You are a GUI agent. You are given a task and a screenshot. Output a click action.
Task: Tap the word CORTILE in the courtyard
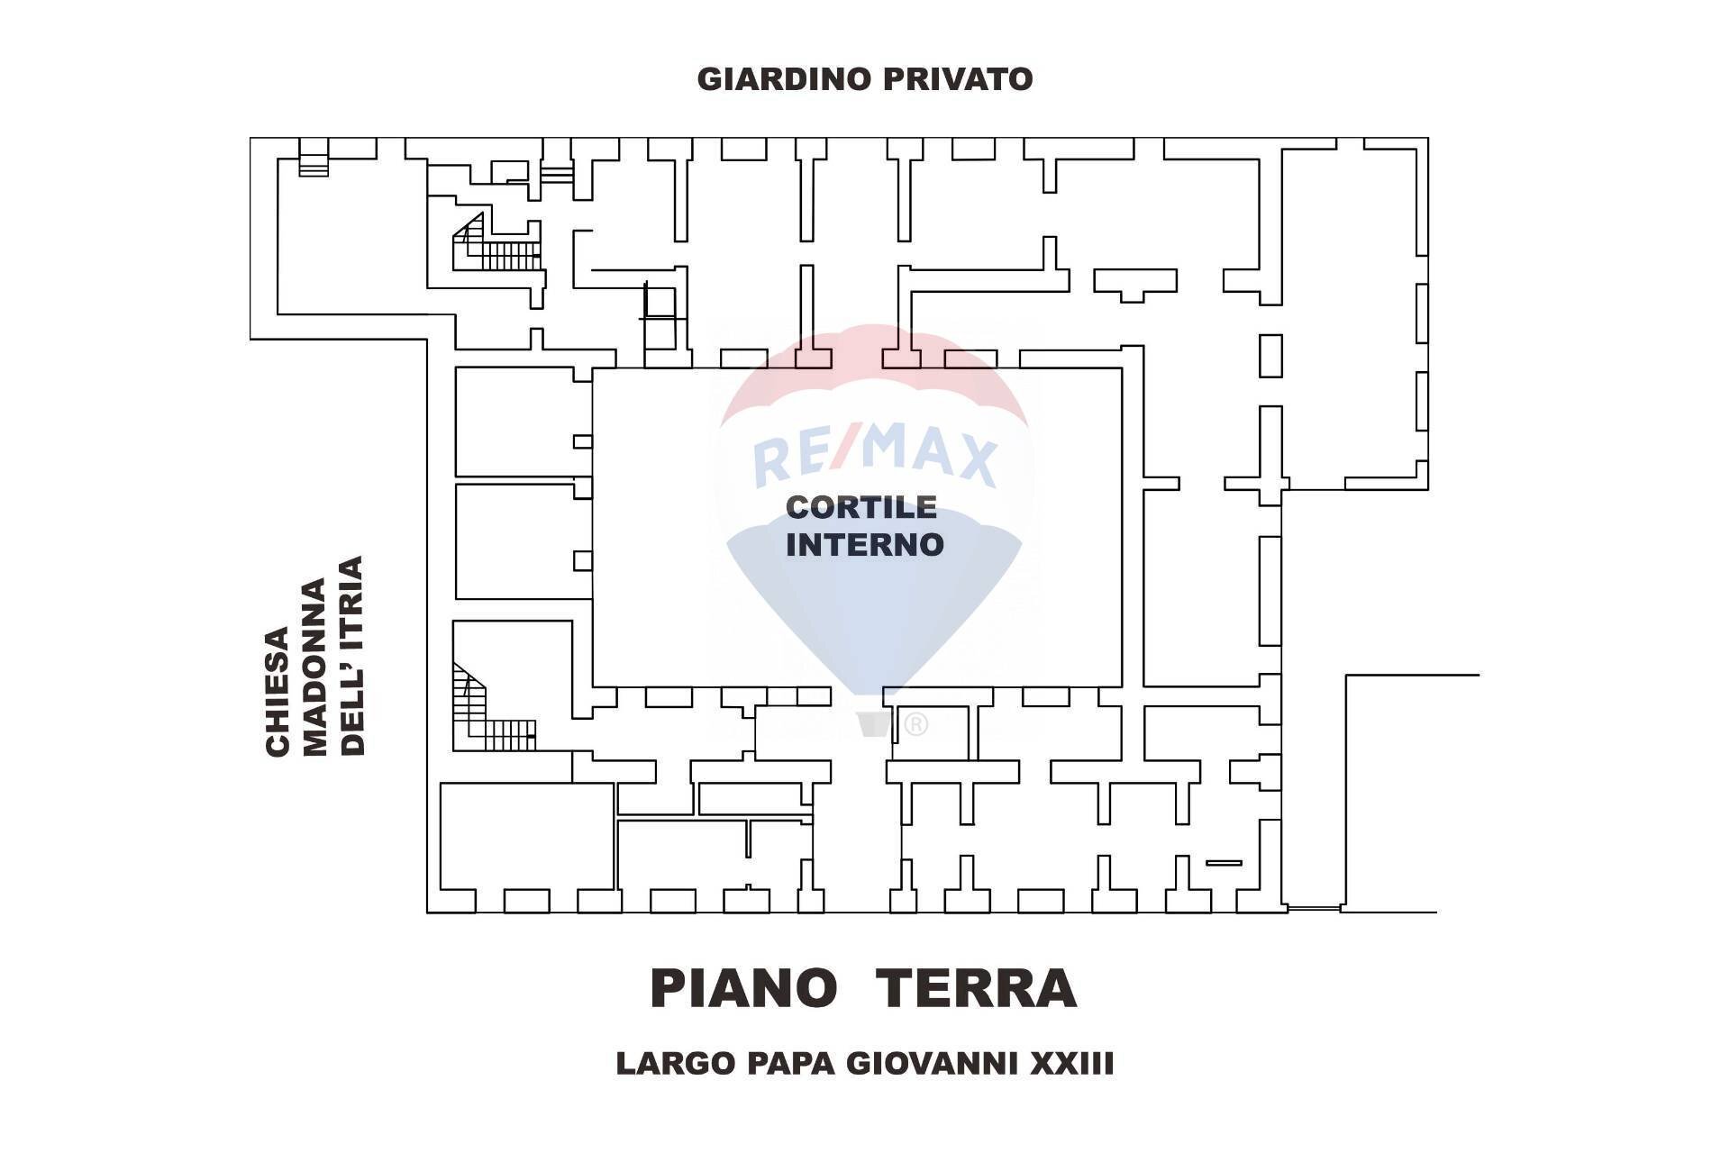pyautogui.click(x=861, y=507)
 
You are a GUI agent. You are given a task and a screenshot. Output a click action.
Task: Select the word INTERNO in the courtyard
pyautogui.click(x=864, y=545)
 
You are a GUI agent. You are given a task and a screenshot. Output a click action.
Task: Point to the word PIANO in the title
pyautogui.click(x=743, y=989)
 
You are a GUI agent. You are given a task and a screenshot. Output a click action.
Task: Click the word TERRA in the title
pyautogui.click(x=977, y=989)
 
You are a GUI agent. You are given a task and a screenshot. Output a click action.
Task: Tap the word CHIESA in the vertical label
pyautogui.click(x=278, y=691)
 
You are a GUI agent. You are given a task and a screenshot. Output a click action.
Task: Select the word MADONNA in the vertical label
pyautogui.click(x=314, y=667)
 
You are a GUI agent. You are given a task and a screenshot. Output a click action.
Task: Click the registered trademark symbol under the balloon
pyautogui.click(x=915, y=723)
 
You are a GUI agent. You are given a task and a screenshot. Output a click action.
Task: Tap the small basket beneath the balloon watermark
pyautogui.click(x=873, y=723)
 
